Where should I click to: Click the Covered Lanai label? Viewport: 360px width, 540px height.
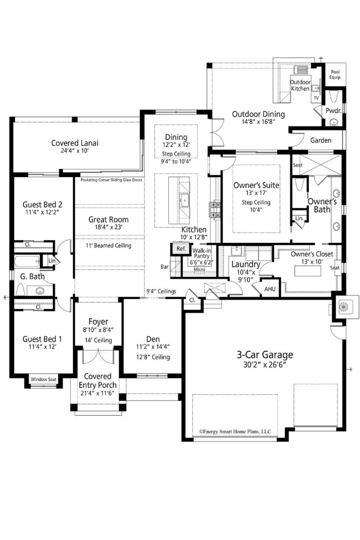[74, 143]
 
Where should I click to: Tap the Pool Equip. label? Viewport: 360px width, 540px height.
[335, 75]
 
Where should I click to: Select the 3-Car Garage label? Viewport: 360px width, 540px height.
[265, 355]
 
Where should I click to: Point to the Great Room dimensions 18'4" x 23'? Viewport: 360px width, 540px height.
[108, 227]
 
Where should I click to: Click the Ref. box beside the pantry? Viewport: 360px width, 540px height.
[181, 248]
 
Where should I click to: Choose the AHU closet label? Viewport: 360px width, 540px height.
[270, 289]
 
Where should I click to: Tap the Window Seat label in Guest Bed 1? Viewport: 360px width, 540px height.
[43, 379]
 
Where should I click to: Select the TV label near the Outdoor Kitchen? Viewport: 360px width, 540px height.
[316, 98]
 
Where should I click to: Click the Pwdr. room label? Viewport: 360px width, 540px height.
[334, 111]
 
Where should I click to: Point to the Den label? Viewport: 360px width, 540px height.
[153, 339]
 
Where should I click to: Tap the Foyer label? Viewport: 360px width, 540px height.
[98, 322]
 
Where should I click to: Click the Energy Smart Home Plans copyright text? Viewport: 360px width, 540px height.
[235, 431]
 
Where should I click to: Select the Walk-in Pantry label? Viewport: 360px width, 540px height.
[202, 253]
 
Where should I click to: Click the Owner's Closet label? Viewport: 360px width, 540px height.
[312, 254]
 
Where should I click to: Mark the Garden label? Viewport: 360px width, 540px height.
[321, 140]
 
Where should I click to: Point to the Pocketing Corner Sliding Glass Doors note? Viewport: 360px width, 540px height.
[111, 180]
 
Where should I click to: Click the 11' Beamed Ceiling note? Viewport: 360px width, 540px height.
[108, 246]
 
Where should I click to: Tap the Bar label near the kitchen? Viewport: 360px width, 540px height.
[165, 267]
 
